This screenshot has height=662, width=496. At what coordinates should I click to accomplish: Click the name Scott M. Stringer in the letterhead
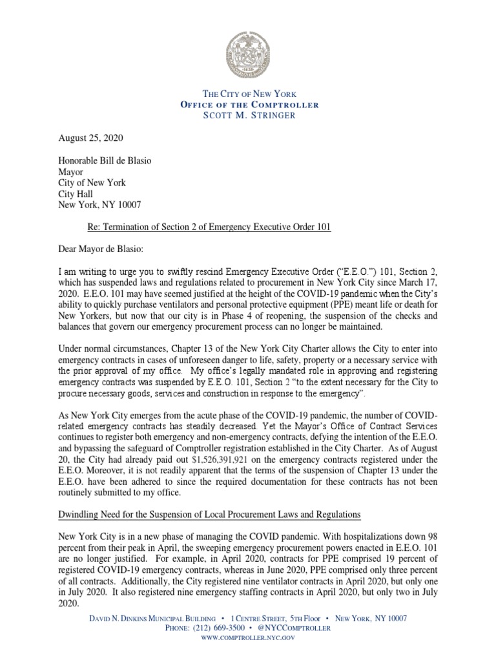247,115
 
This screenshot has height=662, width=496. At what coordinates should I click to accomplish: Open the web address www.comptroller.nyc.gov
248,637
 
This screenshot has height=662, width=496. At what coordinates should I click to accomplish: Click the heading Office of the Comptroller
247,105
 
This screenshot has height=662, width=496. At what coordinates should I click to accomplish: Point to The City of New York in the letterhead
247,94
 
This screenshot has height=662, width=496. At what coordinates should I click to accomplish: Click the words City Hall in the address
76,193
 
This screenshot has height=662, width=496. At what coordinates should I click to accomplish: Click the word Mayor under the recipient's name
70,171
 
